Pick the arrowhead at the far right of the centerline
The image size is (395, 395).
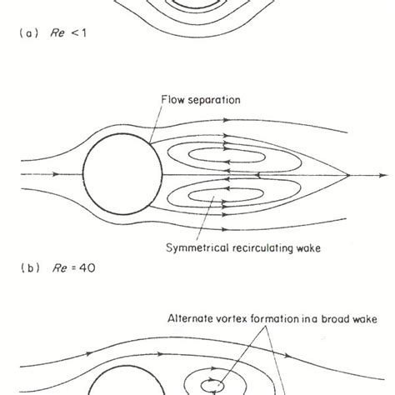point(376,176)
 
